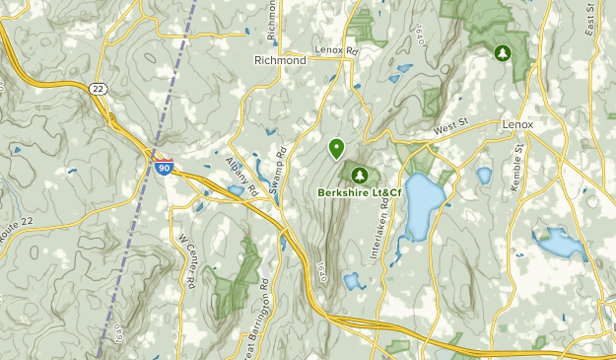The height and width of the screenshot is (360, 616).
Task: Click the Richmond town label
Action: [281, 60]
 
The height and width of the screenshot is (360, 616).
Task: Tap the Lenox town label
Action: [516, 126]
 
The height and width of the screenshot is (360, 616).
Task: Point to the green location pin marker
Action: [336, 148]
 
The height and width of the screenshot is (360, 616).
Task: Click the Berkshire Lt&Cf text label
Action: [359, 192]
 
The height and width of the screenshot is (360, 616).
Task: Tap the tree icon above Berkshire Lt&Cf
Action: [359, 175]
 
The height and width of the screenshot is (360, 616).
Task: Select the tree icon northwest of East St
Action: [503, 52]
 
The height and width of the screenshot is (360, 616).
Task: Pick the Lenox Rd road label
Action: [333, 49]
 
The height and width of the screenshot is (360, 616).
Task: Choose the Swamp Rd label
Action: [280, 169]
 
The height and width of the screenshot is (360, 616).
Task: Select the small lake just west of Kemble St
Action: [484, 177]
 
